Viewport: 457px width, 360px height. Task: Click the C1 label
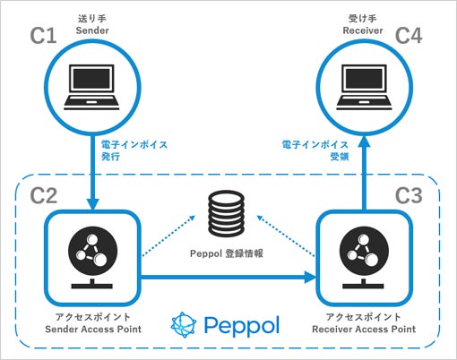click(43, 36)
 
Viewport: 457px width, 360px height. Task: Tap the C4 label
click(409, 36)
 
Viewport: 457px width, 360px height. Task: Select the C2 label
click(44, 195)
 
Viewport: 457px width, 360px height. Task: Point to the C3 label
click(409, 195)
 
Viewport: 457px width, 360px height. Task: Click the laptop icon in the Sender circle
click(91, 87)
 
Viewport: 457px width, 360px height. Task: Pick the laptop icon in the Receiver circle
click(364, 87)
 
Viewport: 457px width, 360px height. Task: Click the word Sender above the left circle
click(92, 30)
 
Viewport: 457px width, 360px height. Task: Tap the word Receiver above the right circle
click(363, 30)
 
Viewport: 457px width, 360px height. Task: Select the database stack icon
click(226, 213)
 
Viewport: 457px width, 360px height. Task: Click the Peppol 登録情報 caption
click(227, 253)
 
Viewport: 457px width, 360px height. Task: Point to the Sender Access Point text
click(93, 329)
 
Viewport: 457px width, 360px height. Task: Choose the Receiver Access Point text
click(364, 329)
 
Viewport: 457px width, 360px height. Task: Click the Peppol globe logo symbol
click(184, 325)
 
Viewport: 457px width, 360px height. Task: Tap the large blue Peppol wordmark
click(242, 326)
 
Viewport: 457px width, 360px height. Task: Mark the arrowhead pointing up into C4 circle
click(365, 141)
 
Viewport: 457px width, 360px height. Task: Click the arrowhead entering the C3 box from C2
click(310, 278)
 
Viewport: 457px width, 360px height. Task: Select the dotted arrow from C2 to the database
click(168, 236)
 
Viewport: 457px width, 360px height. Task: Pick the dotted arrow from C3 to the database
click(286, 236)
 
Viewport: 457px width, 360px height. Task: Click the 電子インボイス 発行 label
click(134, 150)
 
